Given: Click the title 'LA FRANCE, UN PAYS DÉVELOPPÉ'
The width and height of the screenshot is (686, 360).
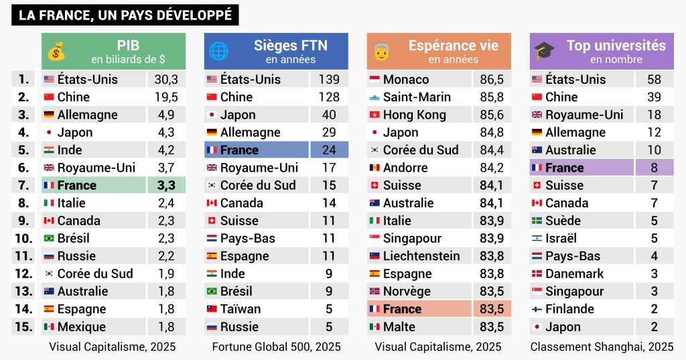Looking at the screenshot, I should [x=125, y=15].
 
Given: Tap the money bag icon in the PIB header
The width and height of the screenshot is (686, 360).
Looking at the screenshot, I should [x=56, y=52].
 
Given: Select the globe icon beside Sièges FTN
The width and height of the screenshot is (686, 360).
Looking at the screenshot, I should [x=218, y=52].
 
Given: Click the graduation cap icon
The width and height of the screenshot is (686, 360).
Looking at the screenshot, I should [x=544, y=52].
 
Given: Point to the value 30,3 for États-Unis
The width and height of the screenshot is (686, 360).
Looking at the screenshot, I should [x=165, y=79].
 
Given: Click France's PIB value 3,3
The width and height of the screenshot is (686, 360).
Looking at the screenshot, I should [x=165, y=185].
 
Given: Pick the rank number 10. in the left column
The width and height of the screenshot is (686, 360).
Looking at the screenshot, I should [x=24, y=238].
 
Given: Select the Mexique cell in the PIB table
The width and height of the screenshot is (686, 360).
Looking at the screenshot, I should [x=93, y=326].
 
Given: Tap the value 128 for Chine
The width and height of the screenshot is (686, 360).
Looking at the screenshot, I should [x=329, y=97].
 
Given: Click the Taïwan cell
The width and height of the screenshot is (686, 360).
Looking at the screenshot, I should [x=256, y=309].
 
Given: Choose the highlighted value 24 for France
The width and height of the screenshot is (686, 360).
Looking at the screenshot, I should [x=329, y=150].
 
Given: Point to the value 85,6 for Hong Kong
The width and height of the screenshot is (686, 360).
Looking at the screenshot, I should [x=492, y=115].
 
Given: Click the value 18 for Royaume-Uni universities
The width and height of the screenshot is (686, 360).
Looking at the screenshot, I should [x=655, y=115].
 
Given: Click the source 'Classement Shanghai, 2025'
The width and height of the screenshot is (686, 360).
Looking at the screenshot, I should [x=602, y=347].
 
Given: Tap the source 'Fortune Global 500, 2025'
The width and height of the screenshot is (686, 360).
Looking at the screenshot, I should [x=276, y=347].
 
